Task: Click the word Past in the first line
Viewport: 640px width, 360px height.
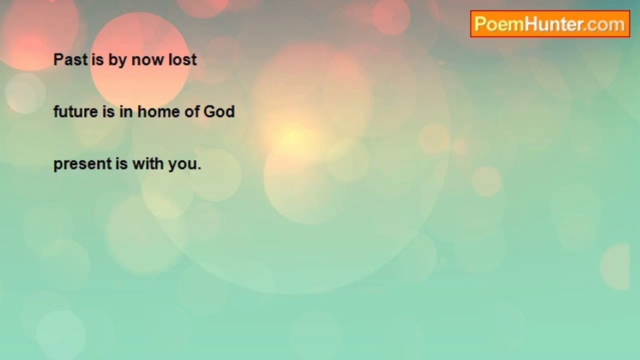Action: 70,59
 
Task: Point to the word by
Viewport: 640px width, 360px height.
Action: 117,61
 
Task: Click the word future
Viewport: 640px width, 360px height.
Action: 75,111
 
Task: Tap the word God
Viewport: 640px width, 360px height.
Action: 219,111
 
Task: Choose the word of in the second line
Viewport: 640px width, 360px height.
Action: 191,111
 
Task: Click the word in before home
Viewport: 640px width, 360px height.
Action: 126,111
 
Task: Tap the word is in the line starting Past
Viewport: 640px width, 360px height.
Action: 97,59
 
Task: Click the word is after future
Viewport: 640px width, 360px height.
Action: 108,111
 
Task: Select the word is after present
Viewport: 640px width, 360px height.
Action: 121,163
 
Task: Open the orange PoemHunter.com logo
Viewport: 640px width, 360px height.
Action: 550,24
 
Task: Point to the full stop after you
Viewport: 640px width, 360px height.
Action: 199,168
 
